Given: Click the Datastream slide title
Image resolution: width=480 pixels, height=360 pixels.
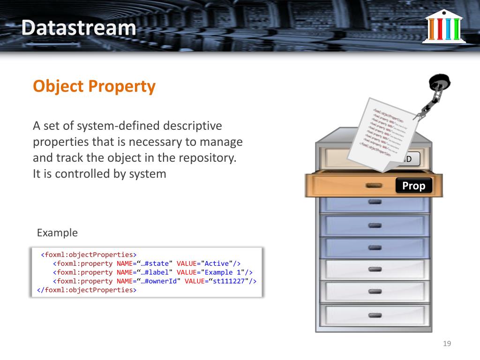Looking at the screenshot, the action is pos(78,28).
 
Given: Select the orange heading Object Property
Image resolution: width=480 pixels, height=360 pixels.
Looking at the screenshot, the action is pos(94,86).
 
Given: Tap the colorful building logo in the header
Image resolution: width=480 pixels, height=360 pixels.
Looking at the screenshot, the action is pos(443,26).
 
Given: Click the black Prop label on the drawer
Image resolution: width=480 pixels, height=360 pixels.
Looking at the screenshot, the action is pos(413,186).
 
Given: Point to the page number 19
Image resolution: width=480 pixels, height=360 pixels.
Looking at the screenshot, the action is pos(447,344).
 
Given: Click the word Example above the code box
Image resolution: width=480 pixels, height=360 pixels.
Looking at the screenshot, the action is pos(57,233).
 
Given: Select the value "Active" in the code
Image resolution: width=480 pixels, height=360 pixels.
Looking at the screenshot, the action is pos(217,263).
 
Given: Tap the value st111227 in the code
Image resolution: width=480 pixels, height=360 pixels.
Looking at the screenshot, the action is pos(229,281).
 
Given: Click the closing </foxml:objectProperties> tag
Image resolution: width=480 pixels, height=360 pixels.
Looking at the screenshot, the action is pos(87,290).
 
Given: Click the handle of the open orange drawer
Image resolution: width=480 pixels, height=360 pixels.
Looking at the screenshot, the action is pos(373,185).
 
